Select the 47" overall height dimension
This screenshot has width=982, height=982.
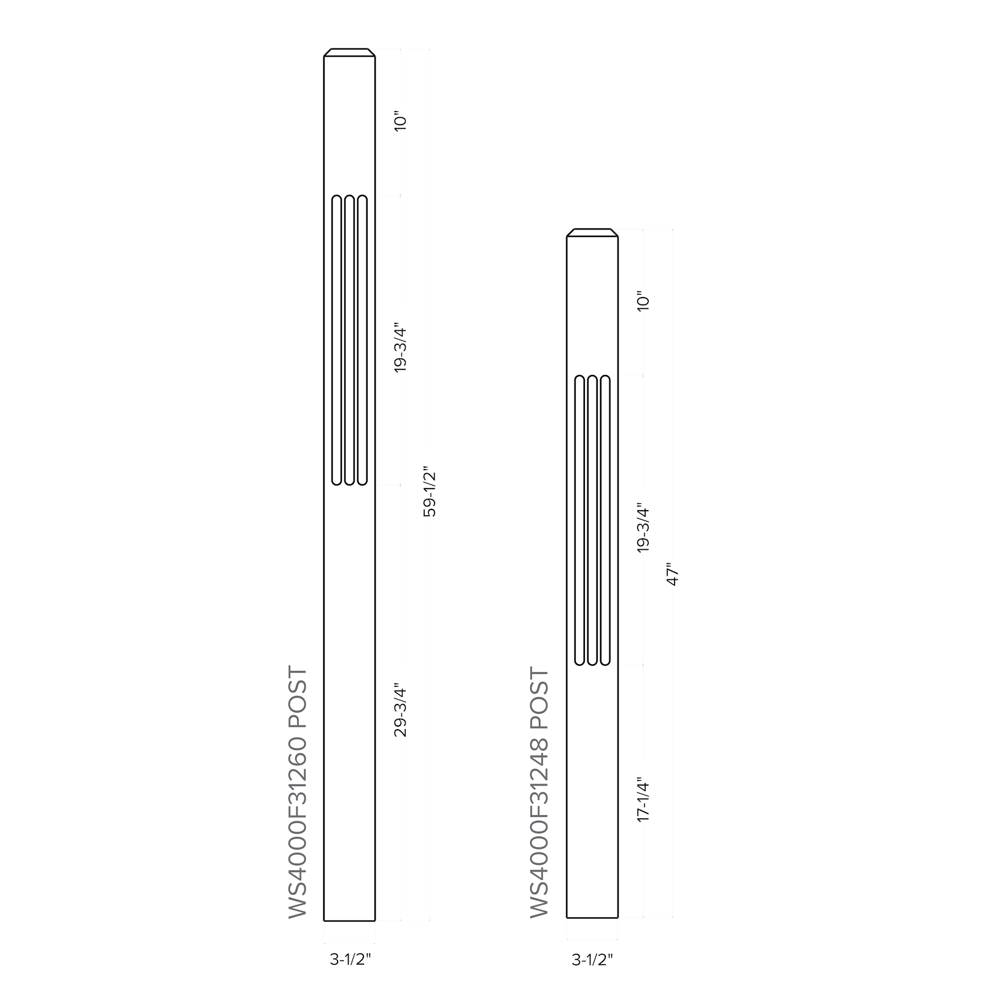673,574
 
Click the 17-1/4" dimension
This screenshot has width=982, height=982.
643,800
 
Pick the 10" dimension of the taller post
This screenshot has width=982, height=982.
400,121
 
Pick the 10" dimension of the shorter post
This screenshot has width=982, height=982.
643,301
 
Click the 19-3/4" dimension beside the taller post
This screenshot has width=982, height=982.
400,347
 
